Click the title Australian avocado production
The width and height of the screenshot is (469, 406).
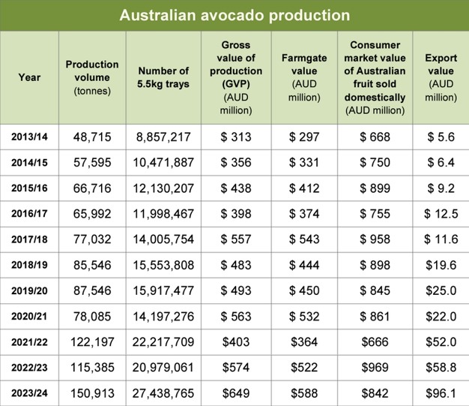234,14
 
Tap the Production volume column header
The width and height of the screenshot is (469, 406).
92,77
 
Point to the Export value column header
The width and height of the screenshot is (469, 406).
441,77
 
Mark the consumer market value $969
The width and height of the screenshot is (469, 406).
375,368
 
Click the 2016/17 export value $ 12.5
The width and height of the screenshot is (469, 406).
441,214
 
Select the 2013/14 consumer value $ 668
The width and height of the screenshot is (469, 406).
375,137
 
